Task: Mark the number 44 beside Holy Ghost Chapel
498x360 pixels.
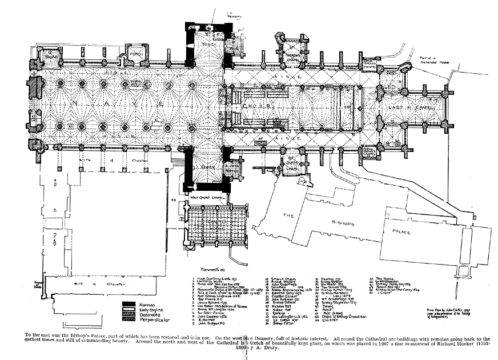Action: (174, 199)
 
